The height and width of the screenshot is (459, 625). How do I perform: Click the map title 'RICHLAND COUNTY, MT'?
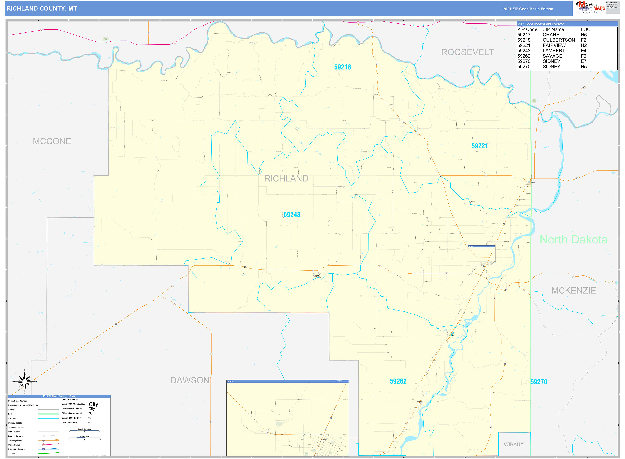click(42, 9)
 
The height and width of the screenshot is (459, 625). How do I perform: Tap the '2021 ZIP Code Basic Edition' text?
click(528, 9)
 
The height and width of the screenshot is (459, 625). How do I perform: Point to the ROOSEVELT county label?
click(468, 52)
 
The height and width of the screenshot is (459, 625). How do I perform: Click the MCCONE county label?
click(52, 141)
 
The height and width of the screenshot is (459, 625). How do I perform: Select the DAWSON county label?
click(190, 380)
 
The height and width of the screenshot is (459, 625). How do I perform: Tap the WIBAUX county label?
click(514, 444)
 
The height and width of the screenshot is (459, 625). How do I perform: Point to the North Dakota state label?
click(573, 240)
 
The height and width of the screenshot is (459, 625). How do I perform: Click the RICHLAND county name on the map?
click(286, 179)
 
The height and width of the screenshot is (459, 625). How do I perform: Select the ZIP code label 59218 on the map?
click(342, 67)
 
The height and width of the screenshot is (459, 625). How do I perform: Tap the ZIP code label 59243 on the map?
click(292, 215)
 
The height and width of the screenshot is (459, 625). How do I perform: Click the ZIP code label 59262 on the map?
click(398, 381)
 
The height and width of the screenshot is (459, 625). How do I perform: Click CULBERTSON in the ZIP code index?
click(559, 40)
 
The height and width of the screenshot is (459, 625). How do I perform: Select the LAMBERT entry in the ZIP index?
click(554, 50)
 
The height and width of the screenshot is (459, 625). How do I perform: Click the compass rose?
click(25, 381)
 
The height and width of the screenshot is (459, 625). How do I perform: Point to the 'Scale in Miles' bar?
click(84, 438)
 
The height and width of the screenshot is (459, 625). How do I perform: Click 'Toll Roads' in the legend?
click(13, 454)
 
